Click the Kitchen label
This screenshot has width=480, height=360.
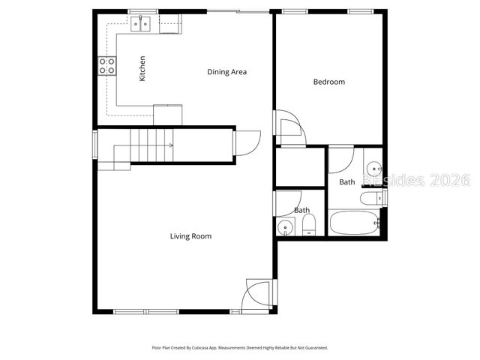142,68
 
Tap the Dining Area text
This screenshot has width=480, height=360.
226,72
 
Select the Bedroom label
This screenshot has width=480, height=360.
328,82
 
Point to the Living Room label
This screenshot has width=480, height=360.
190,236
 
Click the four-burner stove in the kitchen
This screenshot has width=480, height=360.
106,66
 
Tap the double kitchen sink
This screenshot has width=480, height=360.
141,25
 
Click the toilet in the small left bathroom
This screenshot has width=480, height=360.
310,226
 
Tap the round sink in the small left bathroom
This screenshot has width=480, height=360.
285,227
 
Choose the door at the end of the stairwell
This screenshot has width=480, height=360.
247,142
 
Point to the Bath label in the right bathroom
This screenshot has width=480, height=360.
347,182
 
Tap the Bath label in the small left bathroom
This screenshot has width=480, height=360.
301,211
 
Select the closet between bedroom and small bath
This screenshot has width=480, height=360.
299,167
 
